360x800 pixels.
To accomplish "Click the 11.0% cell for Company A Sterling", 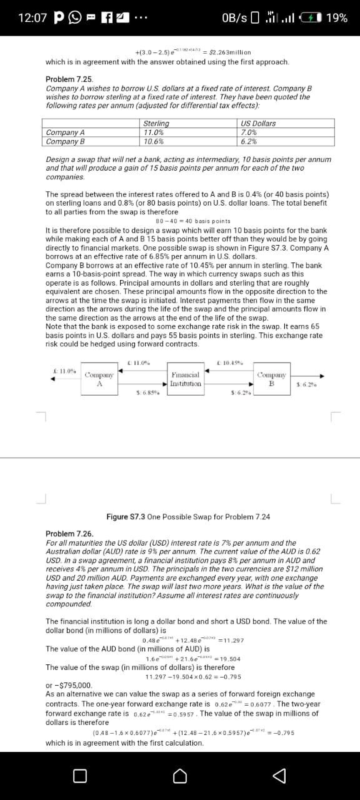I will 154,132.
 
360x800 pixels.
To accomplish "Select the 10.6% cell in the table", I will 154,141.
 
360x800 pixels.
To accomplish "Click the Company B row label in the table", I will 66,141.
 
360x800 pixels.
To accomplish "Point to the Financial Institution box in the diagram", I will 186,379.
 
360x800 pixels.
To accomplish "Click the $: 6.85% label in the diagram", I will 146,392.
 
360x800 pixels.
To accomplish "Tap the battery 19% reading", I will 337,18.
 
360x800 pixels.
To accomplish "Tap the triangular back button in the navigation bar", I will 279,775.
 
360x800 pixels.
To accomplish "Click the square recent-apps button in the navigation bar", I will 80,775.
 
